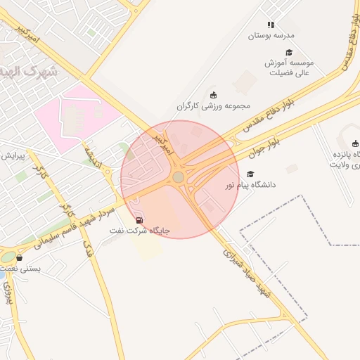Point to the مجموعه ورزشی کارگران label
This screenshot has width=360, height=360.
click(214, 106)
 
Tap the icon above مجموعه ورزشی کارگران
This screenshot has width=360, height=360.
click(214, 95)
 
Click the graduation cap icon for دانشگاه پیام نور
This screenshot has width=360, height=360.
click(250, 174)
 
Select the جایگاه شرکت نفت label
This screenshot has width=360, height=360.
click(139, 230)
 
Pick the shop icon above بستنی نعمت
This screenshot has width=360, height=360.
click(19, 257)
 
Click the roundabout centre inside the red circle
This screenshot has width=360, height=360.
click(179, 177)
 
